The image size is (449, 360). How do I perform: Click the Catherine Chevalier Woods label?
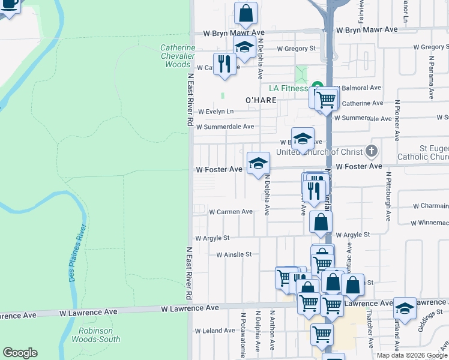[x=178, y=56]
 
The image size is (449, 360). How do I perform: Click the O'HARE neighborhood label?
[x=261, y=100]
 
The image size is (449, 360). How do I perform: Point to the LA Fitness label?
[x=288, y=88]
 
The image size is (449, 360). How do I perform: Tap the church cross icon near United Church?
[x=372, y=150]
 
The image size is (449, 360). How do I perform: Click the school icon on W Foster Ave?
[x=259, y=163]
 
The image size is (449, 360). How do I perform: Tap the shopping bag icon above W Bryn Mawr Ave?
[x=246, y=13]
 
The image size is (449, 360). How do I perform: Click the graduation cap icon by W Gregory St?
[x=244, y=47]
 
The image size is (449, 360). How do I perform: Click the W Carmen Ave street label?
[x=231, y=212]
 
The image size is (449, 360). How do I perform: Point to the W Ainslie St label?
[x=234, y=254]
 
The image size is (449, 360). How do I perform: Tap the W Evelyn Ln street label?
[x=215, y=112]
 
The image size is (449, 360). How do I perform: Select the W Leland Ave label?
[x=214, y=331]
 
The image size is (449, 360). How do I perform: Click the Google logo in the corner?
[x=20, y=353]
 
